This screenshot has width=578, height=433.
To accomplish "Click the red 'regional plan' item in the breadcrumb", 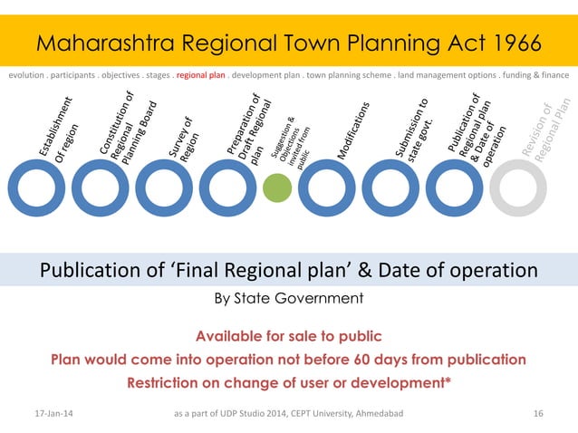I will [201, 76].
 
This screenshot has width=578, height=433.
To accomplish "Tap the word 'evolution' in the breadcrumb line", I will [28, 76].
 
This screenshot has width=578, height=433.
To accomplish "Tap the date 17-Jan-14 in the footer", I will [54, 413].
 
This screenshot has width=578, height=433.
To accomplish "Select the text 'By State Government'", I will [287, 298].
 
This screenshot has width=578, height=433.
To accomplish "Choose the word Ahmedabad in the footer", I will [379, 413].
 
